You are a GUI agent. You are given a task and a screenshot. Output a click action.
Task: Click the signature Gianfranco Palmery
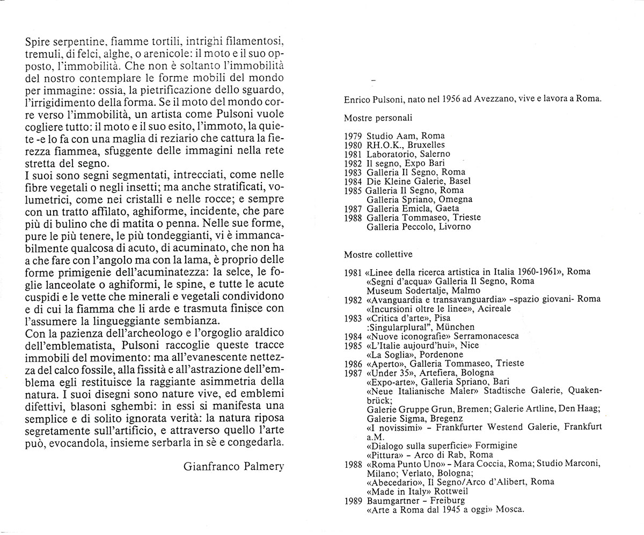coord(233,466)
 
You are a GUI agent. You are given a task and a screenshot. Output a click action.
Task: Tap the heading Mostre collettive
coord(378,254)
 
